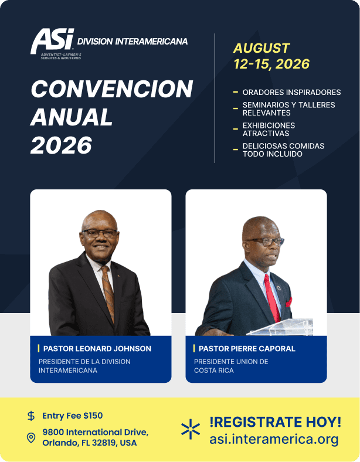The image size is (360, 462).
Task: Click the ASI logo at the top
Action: coord(52,43)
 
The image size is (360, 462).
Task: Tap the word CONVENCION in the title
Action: coord(112,89)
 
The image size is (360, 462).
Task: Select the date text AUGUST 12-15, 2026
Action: coord(271,56)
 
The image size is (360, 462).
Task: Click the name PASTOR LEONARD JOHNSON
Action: coord(97,349)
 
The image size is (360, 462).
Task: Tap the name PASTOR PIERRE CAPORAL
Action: coord(247,349)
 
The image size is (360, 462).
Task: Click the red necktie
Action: coord(271,298)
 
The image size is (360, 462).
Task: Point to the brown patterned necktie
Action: coord(108,294)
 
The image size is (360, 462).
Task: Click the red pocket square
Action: coord(289,303)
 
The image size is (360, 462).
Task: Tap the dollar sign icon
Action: coord(31,416)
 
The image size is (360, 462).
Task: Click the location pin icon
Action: coord(31,438)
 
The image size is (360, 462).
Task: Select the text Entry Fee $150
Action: coord(73,416)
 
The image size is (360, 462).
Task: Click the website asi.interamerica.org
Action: coord(274,439)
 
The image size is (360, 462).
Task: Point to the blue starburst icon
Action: coord(191,429)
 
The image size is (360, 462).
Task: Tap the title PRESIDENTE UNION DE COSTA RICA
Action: coord(231,366)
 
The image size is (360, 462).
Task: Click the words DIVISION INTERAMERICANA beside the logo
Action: coord(133,42)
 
